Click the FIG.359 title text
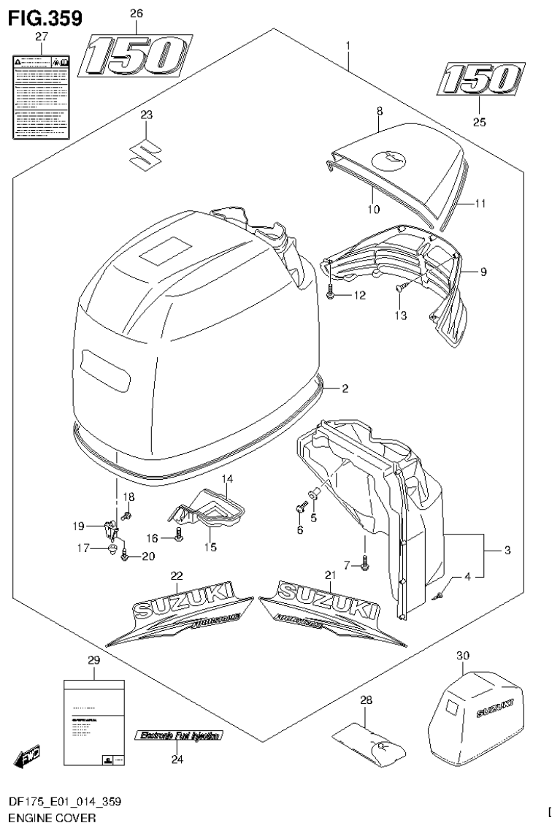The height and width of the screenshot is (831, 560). pyautogui.click(x=43, y=17)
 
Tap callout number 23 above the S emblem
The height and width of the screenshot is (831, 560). pyautogui.click(x=147, y=115)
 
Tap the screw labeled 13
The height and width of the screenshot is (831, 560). pyautogui.click(x=401, y=289)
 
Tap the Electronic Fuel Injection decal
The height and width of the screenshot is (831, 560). pyautogui.click(x=177, y=736)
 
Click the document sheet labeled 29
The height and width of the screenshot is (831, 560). pyautogui.click(x=96, y=723)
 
